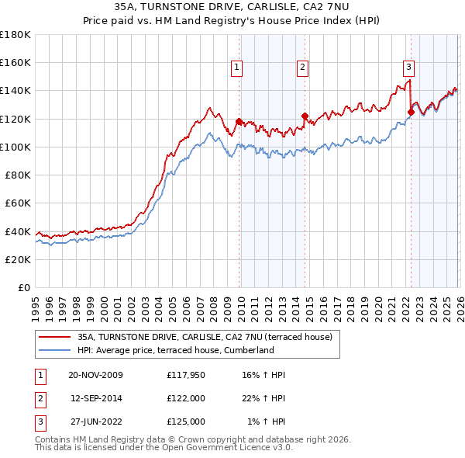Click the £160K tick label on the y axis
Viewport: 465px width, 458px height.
click(x=15, y=63)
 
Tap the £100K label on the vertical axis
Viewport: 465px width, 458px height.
click(x=15, y=147)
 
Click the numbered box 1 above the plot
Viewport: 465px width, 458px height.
click(x=236, y=68)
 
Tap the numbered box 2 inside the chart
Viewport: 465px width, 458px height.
click(x=302, y=68)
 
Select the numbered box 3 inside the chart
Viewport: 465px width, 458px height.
click(x=408, y=68)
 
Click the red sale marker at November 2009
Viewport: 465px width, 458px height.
click(x=239, y=121)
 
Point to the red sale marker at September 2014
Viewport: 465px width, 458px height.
click(x=305, y=116)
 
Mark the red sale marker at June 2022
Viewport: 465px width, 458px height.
click(x=411, y=112)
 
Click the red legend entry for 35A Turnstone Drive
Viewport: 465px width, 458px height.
click(x=205, y=337)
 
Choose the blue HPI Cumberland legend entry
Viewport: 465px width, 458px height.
click(x=176, y=350)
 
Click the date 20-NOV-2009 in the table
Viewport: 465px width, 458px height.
click(x=96, y=375)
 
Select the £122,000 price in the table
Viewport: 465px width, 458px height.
click(x=186, y=398)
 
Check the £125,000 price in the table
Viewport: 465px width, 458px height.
click(x=186, y=422)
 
